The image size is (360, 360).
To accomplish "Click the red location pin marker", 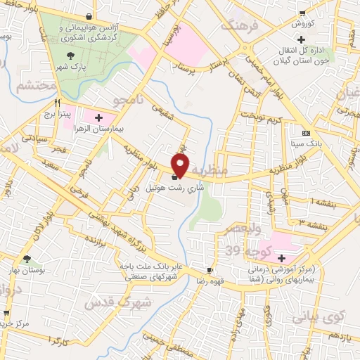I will click(181, 165).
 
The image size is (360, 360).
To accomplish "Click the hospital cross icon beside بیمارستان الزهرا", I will click(98, 117).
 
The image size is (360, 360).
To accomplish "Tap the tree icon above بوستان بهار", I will click(27, 258).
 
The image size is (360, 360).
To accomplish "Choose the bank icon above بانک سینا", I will click(305, 133).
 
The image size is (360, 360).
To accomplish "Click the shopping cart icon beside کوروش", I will click(302, 13).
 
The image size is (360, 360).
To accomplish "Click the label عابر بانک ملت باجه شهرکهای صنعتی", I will click(144, 271).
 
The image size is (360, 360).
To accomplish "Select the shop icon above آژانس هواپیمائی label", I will click(89, 15).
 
